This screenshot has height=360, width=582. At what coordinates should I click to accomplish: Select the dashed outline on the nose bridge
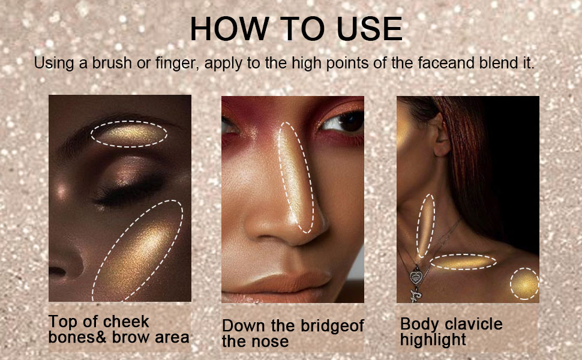point(298,177)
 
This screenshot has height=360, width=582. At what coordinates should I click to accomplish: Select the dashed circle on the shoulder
point(523,284)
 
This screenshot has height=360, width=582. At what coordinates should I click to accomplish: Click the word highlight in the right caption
point(433,340)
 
